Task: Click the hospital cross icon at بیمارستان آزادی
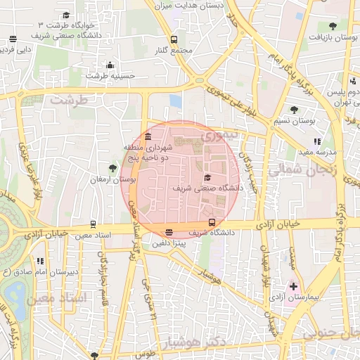point(293,287)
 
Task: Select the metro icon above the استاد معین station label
point(92,225)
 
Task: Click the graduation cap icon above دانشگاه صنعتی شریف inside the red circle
point(207,179)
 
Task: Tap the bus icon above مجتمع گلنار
point(174,39)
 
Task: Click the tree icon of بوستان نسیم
point(294,109)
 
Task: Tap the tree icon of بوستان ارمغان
point(112,167)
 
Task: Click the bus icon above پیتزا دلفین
point(169,233)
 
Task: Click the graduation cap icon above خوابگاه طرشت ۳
point(66,15)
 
